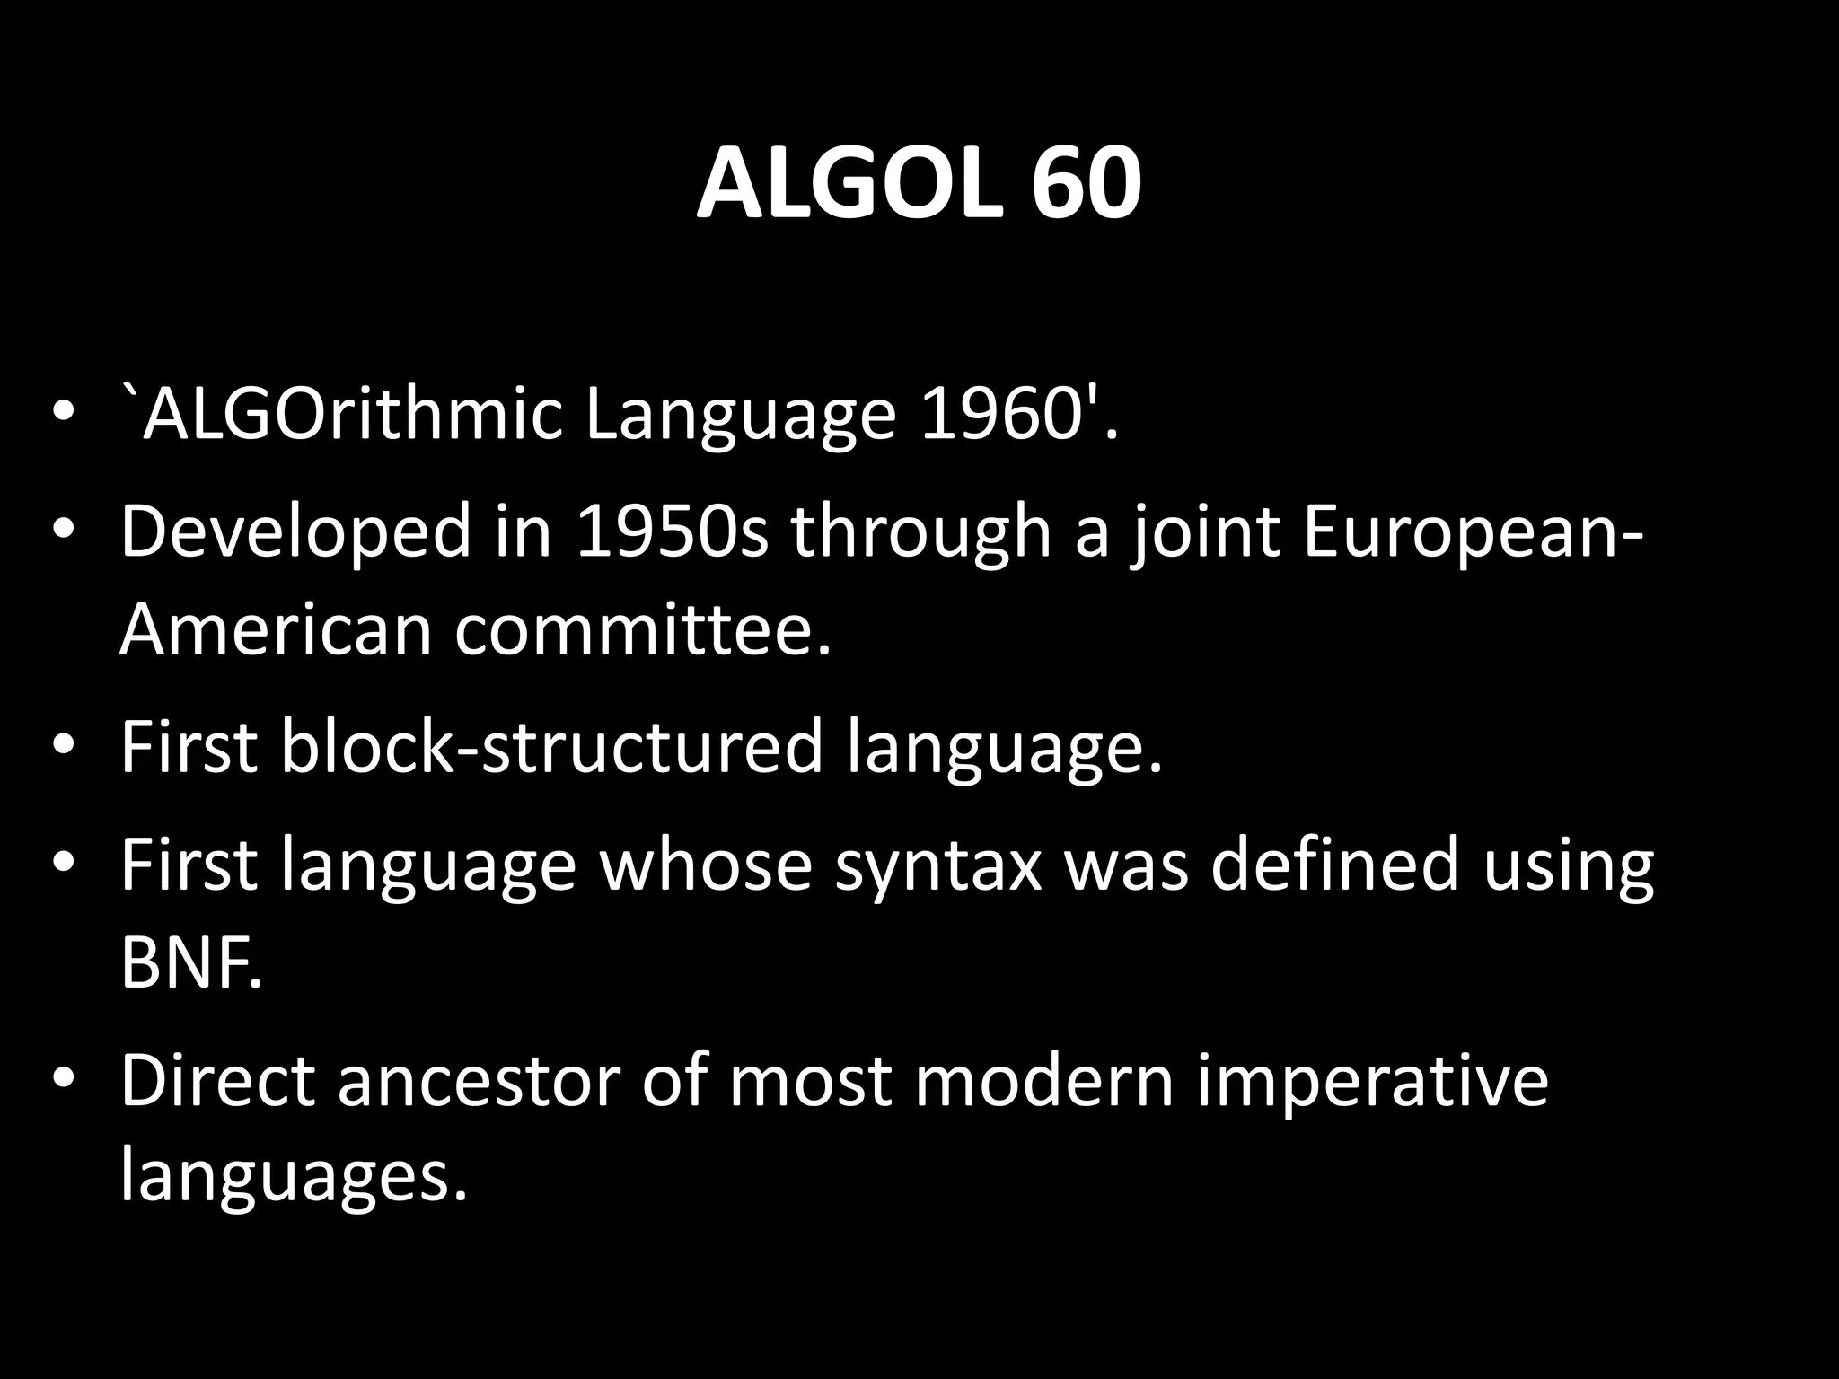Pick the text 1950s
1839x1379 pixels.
point(673,531)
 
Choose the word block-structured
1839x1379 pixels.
point(552,746)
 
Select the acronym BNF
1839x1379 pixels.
point(191,962)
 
